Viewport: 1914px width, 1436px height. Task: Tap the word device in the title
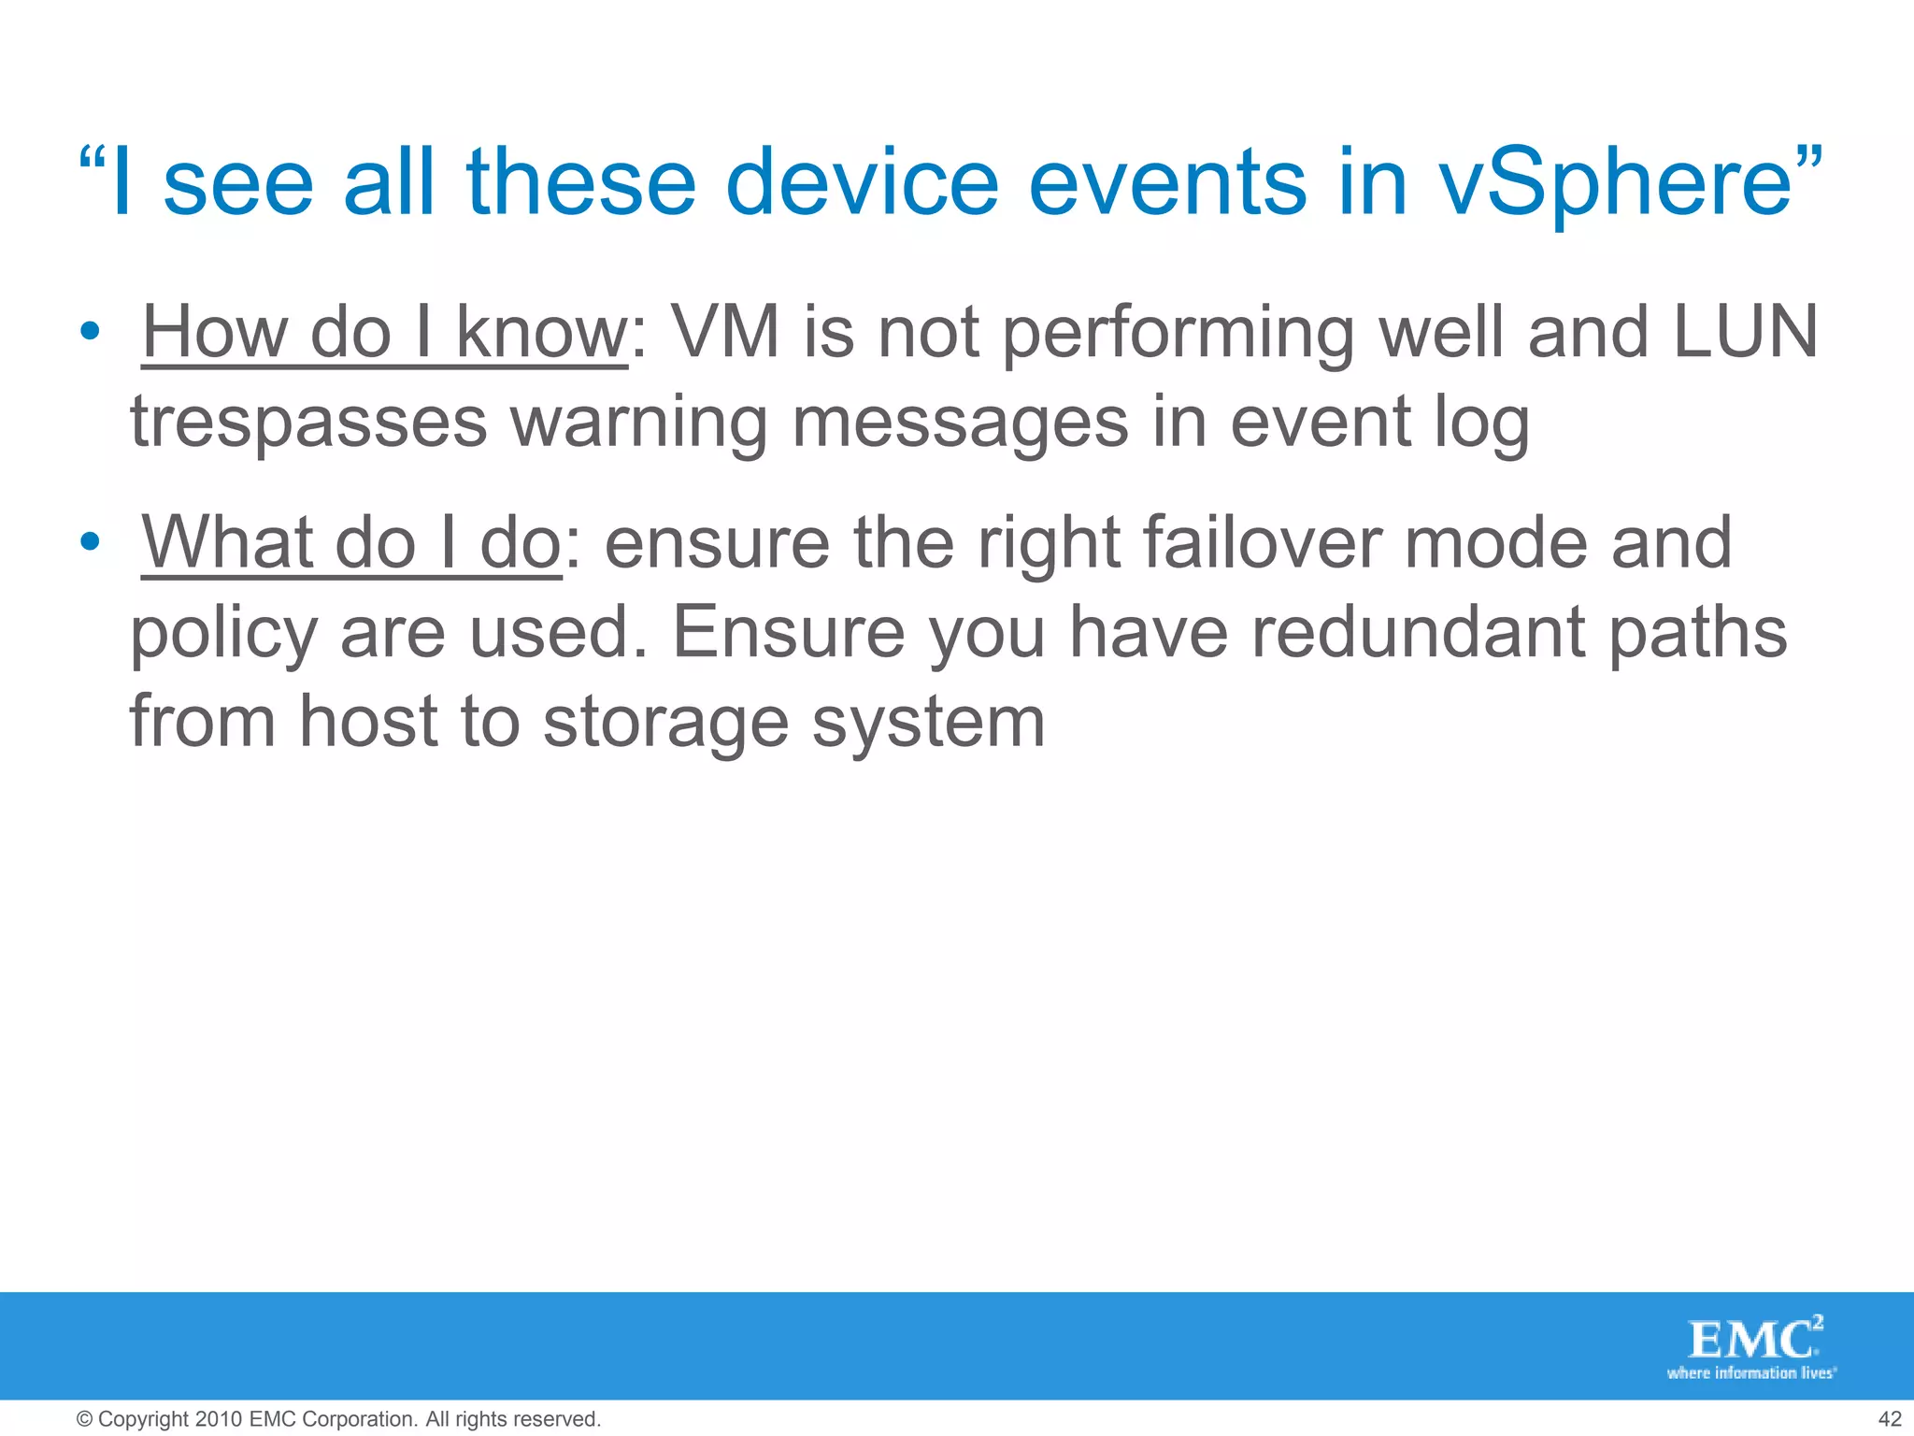[x=862, y=181]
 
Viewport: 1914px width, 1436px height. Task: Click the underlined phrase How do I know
[x=384, y=332]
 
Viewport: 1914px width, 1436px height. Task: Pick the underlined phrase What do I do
[x=351, y=542]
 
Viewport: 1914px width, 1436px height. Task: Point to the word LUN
[x=1745, y=332]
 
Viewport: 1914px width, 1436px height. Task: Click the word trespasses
[x=308, y=423]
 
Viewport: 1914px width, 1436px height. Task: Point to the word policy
[x=224, y=634]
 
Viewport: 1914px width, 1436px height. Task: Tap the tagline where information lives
[x=1751, y=1373]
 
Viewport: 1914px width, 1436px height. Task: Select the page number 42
[x=1889, y=1419]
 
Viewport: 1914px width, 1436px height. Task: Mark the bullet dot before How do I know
[x=89, y=332]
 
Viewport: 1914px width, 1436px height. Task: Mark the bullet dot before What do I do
[x=89, y=542]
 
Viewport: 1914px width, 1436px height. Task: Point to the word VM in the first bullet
[x=725, y=332]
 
